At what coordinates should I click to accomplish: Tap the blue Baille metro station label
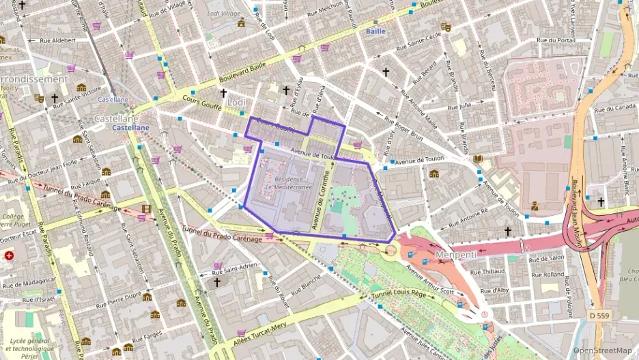[375, 31]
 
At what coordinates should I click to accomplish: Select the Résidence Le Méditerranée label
[288, 182]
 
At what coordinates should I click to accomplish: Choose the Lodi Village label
[224, 13]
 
